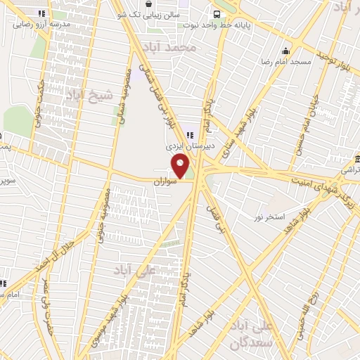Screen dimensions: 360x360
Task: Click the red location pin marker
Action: [x=181, y=167]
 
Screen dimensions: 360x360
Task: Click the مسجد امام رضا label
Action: [x=285, y=63]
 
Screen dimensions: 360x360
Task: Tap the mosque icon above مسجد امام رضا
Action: [x=285, y=51]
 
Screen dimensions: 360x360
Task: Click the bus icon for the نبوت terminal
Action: [x=219, y=13]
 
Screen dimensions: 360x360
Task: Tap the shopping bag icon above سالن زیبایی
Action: [x=148, y=4]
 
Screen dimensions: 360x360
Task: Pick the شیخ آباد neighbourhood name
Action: [x=85, y=95]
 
